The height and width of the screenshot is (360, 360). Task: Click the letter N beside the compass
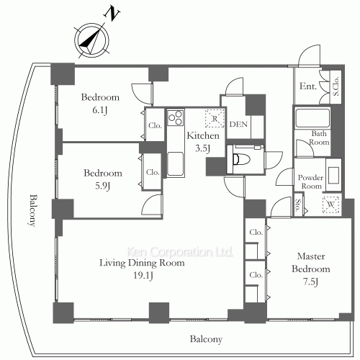coord(112,14)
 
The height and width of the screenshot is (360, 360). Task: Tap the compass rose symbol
coord(91,40)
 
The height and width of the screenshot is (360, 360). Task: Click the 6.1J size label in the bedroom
coord(100,110)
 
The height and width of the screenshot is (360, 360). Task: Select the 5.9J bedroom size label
coord(103,186)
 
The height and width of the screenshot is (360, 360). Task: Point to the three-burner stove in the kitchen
coord(176,117)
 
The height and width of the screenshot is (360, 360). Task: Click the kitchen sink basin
coord(176,163)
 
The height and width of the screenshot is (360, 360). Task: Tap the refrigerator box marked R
coord(215,118)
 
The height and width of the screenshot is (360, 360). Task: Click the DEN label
coord(238,125)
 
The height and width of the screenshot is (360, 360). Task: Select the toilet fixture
coord(241,159)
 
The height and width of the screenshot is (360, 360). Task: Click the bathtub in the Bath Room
coord(312,118)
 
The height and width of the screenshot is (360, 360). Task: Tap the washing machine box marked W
coord(330,204)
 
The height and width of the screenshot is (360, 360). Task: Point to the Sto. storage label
coord(298,205)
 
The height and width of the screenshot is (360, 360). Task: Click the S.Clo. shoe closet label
coord(336,86)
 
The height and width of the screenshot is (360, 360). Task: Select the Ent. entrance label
coord(308,86)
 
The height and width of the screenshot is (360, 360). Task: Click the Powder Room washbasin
coord(333,173)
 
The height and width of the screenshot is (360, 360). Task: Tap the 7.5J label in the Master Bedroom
coord(311,282)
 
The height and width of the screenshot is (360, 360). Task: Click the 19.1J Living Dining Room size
coord(143,275)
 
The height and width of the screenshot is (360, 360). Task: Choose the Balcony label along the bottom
coord(206,339)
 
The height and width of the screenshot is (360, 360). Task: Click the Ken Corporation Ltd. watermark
coord(179,251)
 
